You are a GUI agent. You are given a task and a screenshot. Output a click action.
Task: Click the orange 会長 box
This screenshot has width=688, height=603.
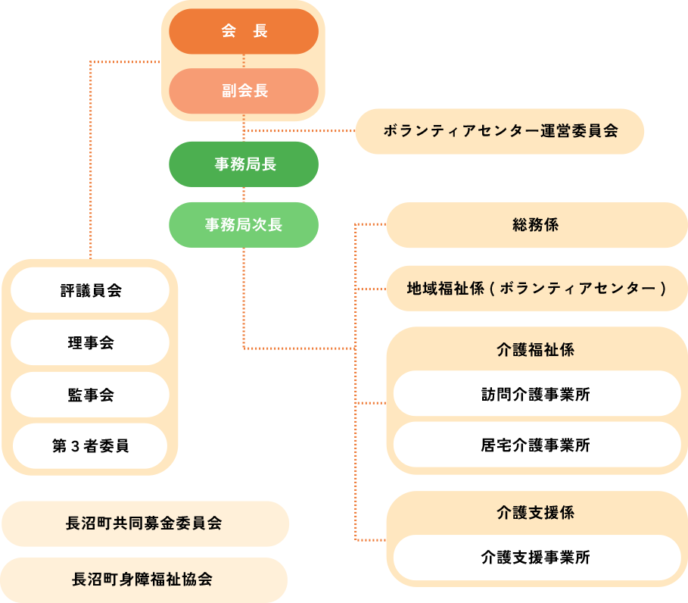(243, 32)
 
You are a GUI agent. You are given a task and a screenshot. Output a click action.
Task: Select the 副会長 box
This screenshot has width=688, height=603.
(243, 91)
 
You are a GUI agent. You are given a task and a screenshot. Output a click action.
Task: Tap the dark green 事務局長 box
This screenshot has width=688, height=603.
(243, 164)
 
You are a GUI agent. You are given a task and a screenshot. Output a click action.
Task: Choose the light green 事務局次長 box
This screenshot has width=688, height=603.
(243, 225)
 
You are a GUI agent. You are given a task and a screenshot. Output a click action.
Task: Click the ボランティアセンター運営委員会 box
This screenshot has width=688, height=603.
(500, 131)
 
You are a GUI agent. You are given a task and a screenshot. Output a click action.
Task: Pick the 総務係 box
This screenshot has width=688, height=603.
(536, 225)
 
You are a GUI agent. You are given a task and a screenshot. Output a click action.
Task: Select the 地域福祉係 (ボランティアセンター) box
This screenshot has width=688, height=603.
(536, 288)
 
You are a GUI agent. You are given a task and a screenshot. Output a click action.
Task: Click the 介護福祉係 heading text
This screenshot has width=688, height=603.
(536, 350)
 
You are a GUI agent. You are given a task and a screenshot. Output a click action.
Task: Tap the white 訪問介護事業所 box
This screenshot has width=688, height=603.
(536, 394)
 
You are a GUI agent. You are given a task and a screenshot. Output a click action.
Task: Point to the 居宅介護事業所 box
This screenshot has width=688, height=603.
(536, 445)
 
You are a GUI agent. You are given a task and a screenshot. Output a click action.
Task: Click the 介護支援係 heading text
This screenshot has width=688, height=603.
(536, 513)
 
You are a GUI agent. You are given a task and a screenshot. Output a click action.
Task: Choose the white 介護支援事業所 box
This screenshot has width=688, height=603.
(536, 558)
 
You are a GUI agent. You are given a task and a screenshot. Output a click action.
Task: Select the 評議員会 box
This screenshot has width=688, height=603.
(90, 290)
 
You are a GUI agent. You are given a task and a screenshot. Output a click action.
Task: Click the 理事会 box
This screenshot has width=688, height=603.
(90, 342)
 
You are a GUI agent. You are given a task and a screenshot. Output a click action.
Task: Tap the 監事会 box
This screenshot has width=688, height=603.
(90, 395)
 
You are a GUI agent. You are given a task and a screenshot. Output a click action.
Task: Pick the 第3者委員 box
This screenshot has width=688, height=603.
(90, 445)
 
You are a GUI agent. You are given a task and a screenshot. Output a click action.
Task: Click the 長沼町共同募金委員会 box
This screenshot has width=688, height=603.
(144, 523)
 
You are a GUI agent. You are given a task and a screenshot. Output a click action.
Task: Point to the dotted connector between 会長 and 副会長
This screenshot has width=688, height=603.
(243, 61)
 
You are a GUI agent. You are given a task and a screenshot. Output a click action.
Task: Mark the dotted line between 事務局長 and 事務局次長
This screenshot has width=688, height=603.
(243, 194)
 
